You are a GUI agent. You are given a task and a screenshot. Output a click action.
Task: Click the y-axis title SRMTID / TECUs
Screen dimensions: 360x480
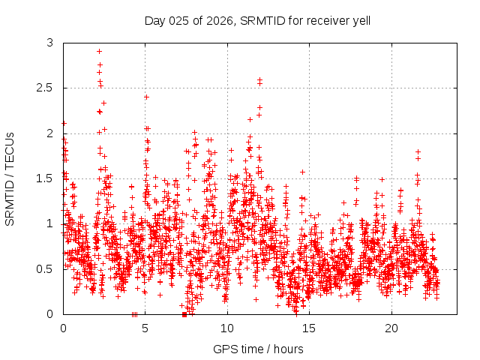coord(10,178)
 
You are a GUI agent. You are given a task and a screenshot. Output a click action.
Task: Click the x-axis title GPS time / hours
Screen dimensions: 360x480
coord(259,349)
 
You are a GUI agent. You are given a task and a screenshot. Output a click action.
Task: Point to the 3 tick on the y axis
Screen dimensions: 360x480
coord(50,43)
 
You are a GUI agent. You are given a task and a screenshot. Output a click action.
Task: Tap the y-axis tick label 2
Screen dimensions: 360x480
coord(50,133)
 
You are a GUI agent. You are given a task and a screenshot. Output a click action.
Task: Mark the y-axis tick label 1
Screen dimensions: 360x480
coord(50,223)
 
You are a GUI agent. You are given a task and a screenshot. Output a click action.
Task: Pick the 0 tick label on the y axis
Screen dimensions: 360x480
coord(50,313)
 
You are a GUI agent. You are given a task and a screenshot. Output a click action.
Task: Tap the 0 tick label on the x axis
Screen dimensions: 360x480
coord(63,328)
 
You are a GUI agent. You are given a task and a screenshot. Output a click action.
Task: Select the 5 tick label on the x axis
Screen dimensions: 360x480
coord(145,328)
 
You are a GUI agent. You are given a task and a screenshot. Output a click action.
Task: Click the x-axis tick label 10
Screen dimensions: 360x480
coord(227,328)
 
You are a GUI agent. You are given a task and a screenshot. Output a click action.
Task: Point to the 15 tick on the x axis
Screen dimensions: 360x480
coord(310,328)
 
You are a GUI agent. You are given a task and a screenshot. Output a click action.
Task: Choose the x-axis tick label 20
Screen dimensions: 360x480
coord(391,328)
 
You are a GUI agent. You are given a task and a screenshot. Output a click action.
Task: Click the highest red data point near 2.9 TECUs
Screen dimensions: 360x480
coord(99,52)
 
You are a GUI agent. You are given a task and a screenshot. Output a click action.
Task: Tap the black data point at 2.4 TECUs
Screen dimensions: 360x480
coord(146,97)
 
